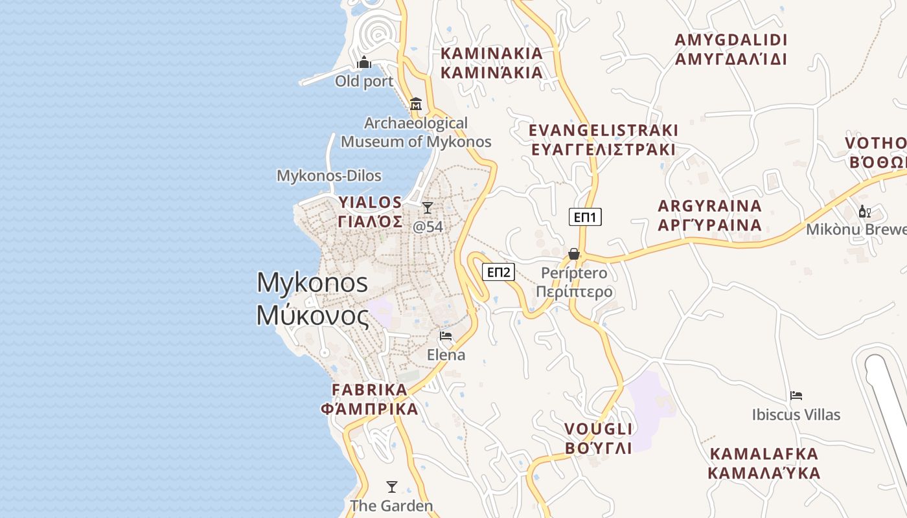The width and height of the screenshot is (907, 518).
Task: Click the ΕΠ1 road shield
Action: (585, 217)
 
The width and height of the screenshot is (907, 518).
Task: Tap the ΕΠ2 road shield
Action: (498, 272)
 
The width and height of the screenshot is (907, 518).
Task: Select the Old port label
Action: (364, 81)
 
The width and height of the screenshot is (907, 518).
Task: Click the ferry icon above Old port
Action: (364, 63)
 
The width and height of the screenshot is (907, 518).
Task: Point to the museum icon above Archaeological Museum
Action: (416, 104)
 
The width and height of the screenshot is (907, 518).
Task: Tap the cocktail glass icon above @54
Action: (428, 208)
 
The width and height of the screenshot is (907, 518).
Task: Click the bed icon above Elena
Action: (446, 335)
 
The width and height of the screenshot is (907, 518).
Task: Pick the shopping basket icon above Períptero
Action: (574, 254)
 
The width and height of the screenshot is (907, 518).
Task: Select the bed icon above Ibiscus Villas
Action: (796, 396)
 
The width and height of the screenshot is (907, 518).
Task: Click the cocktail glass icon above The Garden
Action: (391, 487)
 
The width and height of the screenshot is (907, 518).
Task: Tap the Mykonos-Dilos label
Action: (328, 175)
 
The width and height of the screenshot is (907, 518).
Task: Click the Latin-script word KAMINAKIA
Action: (491, 53)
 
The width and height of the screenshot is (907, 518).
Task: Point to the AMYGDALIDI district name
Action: (731, 40)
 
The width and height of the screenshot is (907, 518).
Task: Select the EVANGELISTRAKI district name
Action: (603, 130)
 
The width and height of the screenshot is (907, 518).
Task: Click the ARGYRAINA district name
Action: (709, 207)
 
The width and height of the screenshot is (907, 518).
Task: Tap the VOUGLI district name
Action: (598, 429)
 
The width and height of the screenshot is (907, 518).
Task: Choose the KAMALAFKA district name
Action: (764, 453)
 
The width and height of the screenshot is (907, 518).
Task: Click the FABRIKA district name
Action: (370, 390)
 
